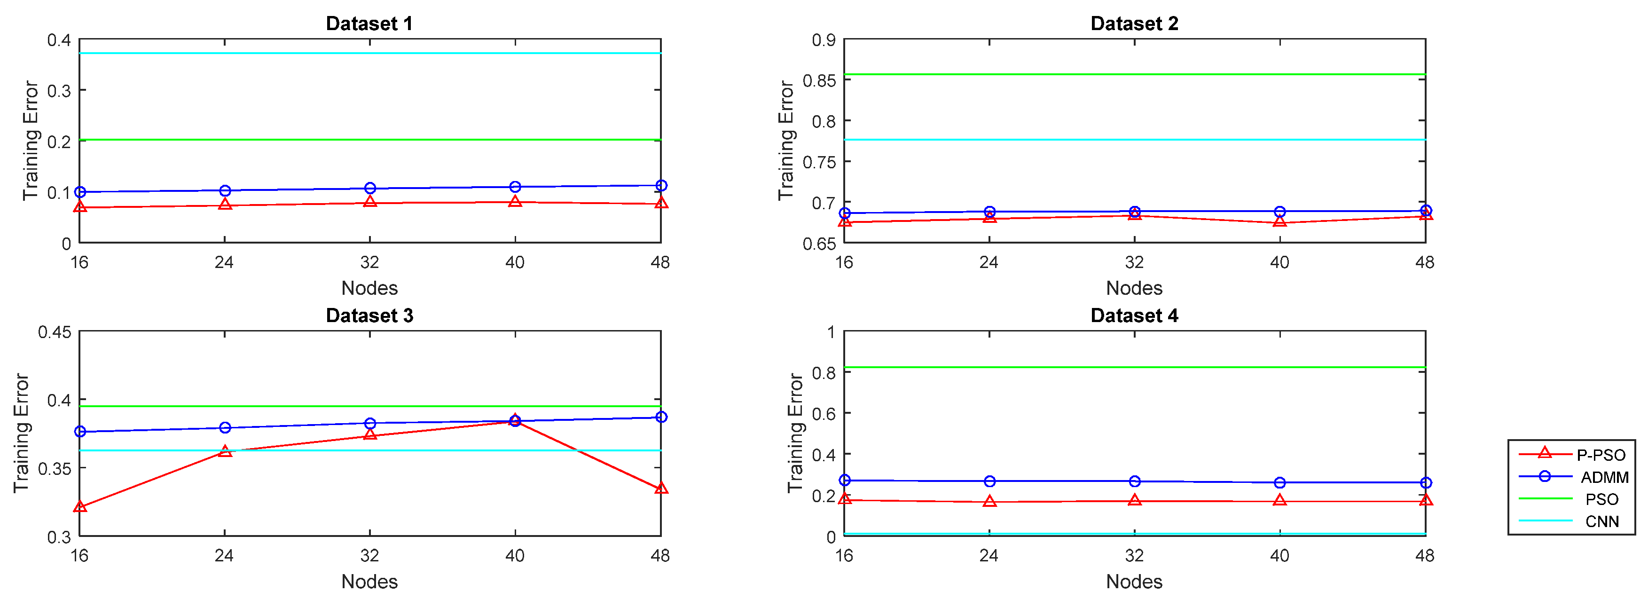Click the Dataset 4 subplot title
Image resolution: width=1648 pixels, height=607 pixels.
pyautogui.click(x=1134, y=315)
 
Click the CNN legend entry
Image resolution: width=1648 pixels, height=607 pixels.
pyautogui.click(x=1601, y=521)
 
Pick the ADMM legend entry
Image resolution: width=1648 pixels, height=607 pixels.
pyautogui.click(x=1604, y=477)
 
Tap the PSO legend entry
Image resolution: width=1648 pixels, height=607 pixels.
pyautogui.click(x=1601, y=499)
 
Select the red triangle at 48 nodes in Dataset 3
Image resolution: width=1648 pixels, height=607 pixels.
pyautogui.click(x=661, y=489)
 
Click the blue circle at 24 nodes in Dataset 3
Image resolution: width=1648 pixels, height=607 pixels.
pyautogui.click(x=225, y=427)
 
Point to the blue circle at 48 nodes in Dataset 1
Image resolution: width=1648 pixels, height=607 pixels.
pyautogui.click(x=661, y=186)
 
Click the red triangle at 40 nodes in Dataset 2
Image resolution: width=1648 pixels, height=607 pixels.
pyautogui.click(x=1279, y=221)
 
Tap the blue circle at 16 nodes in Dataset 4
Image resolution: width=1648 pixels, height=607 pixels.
pyautogui.click(x=845, y=480)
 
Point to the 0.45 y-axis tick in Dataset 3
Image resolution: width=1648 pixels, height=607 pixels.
pyautogui.click(x=55, y=332)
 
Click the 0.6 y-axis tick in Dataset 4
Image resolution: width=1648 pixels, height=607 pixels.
pyautogui.click(x=824, y=414)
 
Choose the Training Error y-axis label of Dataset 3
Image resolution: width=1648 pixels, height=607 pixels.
pyautogui.click(x=22, y=433)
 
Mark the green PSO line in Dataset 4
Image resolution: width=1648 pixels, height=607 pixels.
pyautogui.click(x=1134, y=367)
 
